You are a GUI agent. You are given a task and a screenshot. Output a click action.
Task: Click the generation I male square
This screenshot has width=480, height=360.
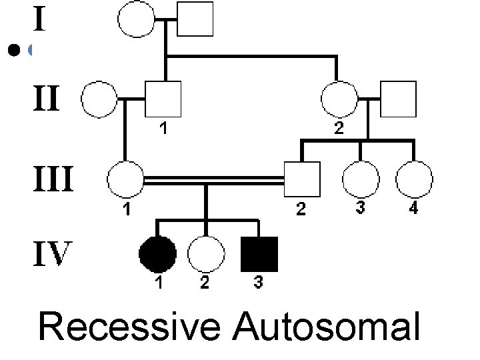[195, 18]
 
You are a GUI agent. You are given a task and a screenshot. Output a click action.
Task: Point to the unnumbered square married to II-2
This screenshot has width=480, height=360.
[399, 99]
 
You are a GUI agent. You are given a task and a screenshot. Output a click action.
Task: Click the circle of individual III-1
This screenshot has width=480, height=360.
[125, 180]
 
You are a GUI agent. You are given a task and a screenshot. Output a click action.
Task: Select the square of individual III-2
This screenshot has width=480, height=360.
[301, 180]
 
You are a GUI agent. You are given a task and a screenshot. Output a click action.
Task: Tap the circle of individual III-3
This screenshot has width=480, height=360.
[359, 180]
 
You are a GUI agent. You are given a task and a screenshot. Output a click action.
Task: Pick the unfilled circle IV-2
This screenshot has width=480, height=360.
[205, 254]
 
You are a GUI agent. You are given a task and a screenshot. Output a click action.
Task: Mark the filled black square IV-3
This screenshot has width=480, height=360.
[259, 254]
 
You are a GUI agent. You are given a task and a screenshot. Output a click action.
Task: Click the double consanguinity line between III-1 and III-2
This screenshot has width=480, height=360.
[213, 180]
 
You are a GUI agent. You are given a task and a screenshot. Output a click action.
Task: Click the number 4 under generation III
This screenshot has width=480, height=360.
[413, 209]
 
